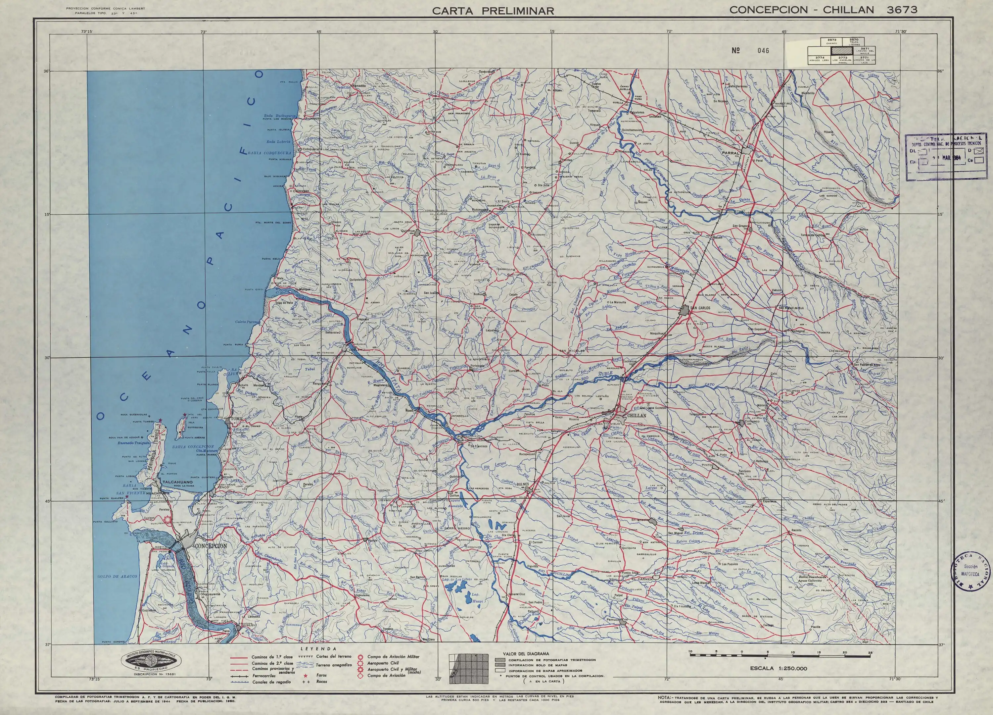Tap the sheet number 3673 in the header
[902, 10]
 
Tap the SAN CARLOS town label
[700, 308]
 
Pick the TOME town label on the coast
[236, 419]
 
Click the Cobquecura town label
[310, 149]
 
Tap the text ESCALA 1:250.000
[778, 681]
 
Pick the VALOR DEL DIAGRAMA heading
[526, 654]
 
